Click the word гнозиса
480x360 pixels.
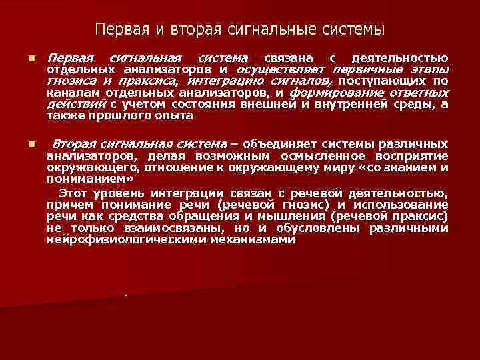point(69,81)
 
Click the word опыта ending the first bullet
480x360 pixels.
point(175,115)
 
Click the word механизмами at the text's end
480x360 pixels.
point(256,239)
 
